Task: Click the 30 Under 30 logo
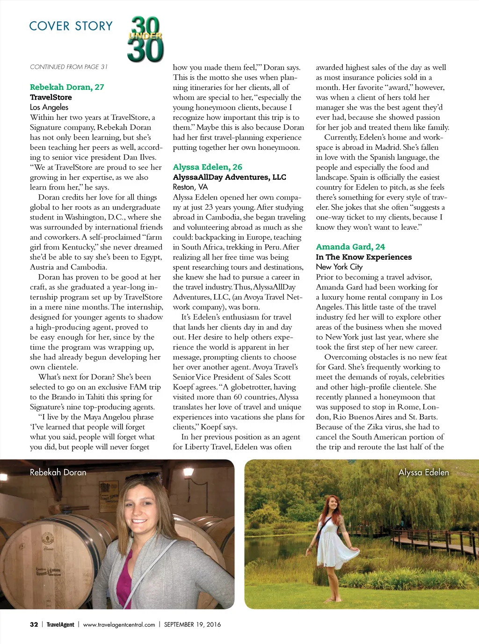click(x=145, y=39)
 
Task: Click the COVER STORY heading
click(x=71, y=26)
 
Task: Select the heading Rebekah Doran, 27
click(x=67, y=87)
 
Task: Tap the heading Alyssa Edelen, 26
click(x=207, y=167)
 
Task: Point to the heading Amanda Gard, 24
click(x=350, y=247)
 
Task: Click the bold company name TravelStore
click(x=51, y=97)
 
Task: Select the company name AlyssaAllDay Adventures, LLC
click(x=229, y=177)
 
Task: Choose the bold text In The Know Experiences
click(x=363, y=257)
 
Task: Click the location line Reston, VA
click(x=190, y=187)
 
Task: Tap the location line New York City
click(x=339, y=267)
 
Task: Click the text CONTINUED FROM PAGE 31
click(x=69, y=67)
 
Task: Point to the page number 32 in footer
click(x=34, y=624)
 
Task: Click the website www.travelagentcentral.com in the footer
click(x=119, y=624)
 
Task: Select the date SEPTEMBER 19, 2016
click(x=192, y=624)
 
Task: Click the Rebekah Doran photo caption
click(x=58, y=472)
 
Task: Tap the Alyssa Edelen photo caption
click(x=423, y=472)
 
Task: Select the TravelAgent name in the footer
click(x=60, y=624)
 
